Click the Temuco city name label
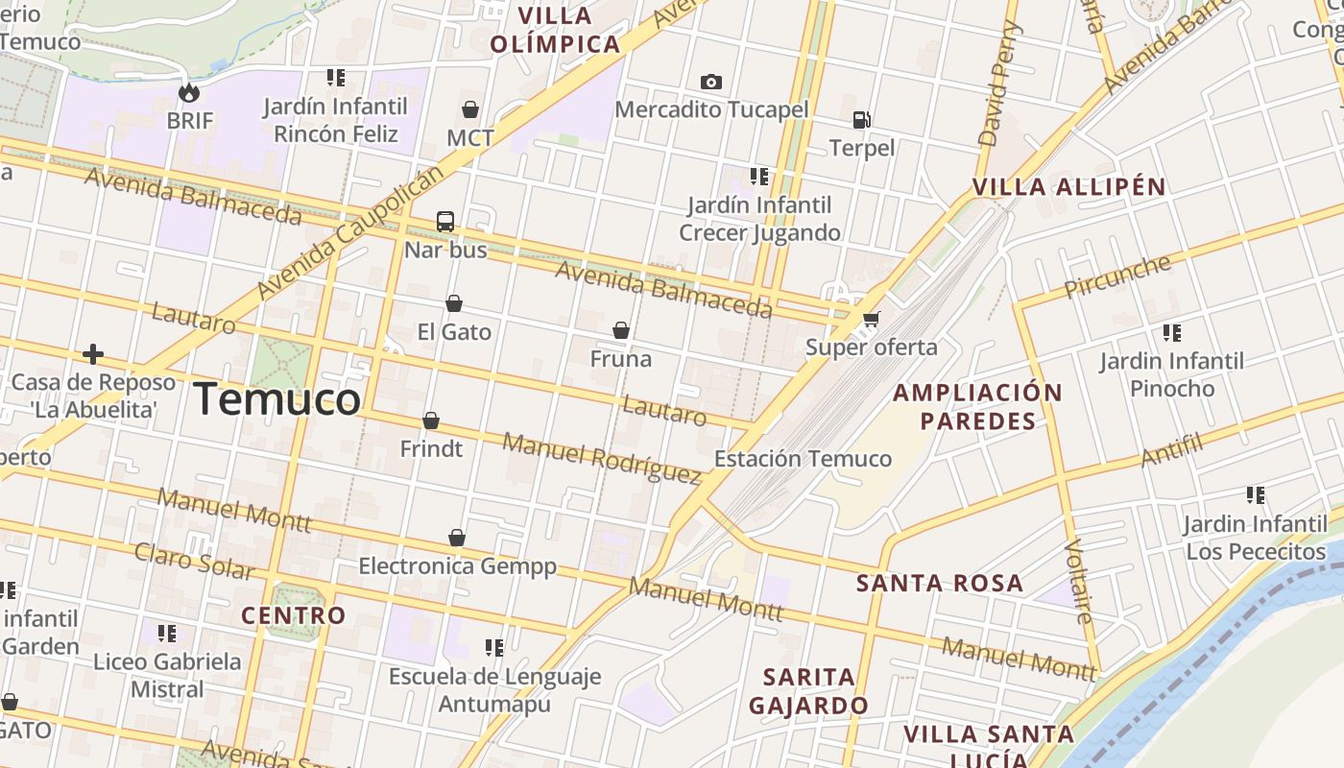click(x=277, y=399)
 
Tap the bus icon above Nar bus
click(x=445, y=222)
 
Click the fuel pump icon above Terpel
click(x=862, y=120)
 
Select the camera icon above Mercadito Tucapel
click(x=711, y=82)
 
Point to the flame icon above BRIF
click(x=189, y=92)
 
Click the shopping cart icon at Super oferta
click(x=871, y=319)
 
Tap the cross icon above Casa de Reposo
click(x=93, y=354)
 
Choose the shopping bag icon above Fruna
click(x=621, y=331)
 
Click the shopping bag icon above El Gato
click(x=454, y=304)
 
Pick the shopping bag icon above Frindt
click(x=431, y=421)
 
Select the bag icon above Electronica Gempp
click(x=457, y=538)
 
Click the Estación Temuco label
click(x=803, y=459)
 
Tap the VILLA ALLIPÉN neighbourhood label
click(x=1068, y=187)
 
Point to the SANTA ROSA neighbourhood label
click(x=939, y=583)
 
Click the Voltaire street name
click(x=1079, y=581)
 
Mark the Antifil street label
click(x=1172, y=449)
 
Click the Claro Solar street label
click(x=193, y=562)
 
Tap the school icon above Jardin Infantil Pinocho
click(x=1171, y=333)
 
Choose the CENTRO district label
click(x=293, y=615)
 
